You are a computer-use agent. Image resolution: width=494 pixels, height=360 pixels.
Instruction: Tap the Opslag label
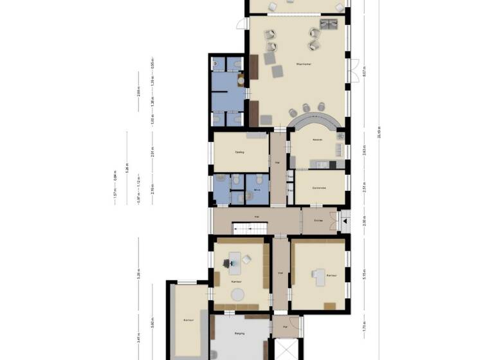[x=239, y=152]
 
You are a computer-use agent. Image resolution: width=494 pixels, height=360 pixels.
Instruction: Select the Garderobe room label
[x=320, y=187]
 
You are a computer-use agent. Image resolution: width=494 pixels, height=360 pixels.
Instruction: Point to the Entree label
[x=318, y=220]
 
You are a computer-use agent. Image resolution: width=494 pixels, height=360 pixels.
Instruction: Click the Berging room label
[x=239, y=334]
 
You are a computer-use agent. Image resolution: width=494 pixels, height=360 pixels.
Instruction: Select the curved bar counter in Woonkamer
[x=315, y=119]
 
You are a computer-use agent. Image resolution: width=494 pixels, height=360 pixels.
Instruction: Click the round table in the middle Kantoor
[x=239, y=294]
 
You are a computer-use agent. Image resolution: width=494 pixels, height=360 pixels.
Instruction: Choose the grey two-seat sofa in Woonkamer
[x=329, y=24]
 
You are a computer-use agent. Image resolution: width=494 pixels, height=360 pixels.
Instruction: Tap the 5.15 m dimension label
[x=365, y=271]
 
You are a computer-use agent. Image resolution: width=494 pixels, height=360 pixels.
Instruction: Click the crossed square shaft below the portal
[x=284, y=349]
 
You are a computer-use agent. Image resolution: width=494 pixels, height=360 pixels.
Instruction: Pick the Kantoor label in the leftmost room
[x=188, y=319]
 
